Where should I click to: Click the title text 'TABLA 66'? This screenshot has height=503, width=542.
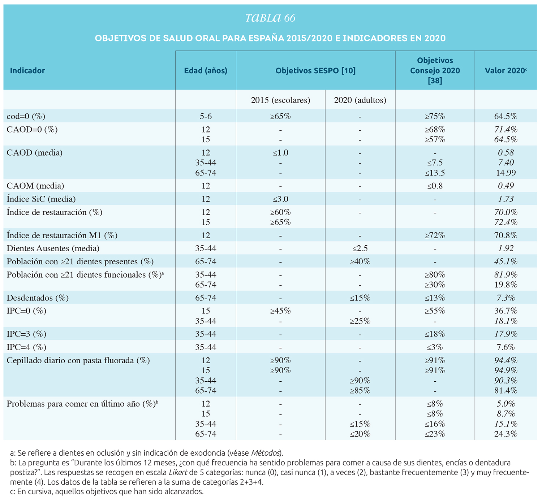point(270,18)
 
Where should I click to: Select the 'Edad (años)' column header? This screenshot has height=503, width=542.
point(206,71)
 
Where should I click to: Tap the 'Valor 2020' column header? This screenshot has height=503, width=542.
point(506,71)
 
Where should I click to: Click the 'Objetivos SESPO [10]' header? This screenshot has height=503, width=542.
point(315,71)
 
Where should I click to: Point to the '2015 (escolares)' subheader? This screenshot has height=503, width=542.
point(280,100)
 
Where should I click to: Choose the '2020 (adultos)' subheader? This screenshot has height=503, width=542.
point(360,100)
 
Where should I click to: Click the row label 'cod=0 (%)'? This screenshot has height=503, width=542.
point(26,116)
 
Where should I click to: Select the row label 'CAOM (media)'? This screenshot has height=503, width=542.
point(35,186)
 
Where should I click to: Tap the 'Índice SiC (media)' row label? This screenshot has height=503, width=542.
point(41,199)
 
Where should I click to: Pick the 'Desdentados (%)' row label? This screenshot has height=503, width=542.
point(38,298)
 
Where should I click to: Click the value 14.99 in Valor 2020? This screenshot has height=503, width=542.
point(506,173)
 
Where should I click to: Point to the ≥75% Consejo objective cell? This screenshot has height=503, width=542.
point(435,117)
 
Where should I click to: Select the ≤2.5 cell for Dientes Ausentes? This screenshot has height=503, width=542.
point(360,248)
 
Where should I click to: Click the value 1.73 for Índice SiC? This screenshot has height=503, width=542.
point(506,199)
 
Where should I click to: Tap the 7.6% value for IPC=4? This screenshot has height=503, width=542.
point(506,347)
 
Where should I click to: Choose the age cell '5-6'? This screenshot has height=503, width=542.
point(206,117)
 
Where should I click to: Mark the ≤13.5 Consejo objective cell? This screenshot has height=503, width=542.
point(435,173)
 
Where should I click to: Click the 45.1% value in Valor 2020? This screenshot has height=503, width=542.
point(506,261)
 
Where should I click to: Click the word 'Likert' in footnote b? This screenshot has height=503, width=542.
point(178,472)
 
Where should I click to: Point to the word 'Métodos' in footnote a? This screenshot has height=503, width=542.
point(265,453)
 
